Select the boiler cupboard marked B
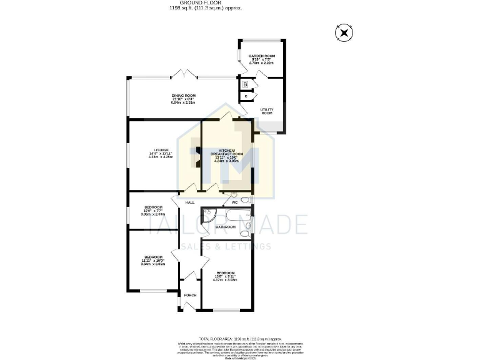[x=246, y=84]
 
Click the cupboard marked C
[x=246, y=96]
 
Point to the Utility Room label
[x=266, y=111]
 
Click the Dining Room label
[x=183, y=98]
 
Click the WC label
[x=234, y=202]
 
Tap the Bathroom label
[x=225, y=227]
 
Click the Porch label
[x=190, y=295]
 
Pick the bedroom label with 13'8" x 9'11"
[x=226, y=276]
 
